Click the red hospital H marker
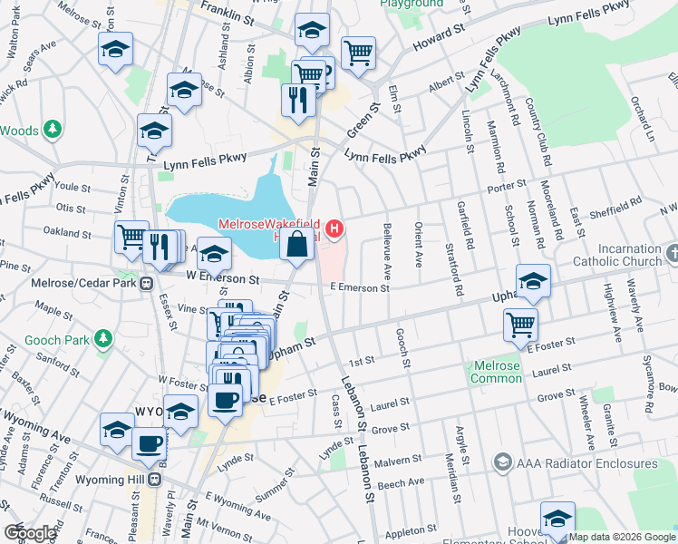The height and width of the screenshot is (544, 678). point(334,228)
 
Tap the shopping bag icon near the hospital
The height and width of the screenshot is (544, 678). point(297,243)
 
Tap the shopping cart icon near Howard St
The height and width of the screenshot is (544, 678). point(358,52)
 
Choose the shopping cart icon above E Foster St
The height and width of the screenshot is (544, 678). point(520,325)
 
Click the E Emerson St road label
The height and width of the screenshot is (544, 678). point(359,288)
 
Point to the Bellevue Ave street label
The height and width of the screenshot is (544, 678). point(387,252)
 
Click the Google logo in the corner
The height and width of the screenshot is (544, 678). point(31,533)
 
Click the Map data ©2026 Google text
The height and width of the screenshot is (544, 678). point(621,537)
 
